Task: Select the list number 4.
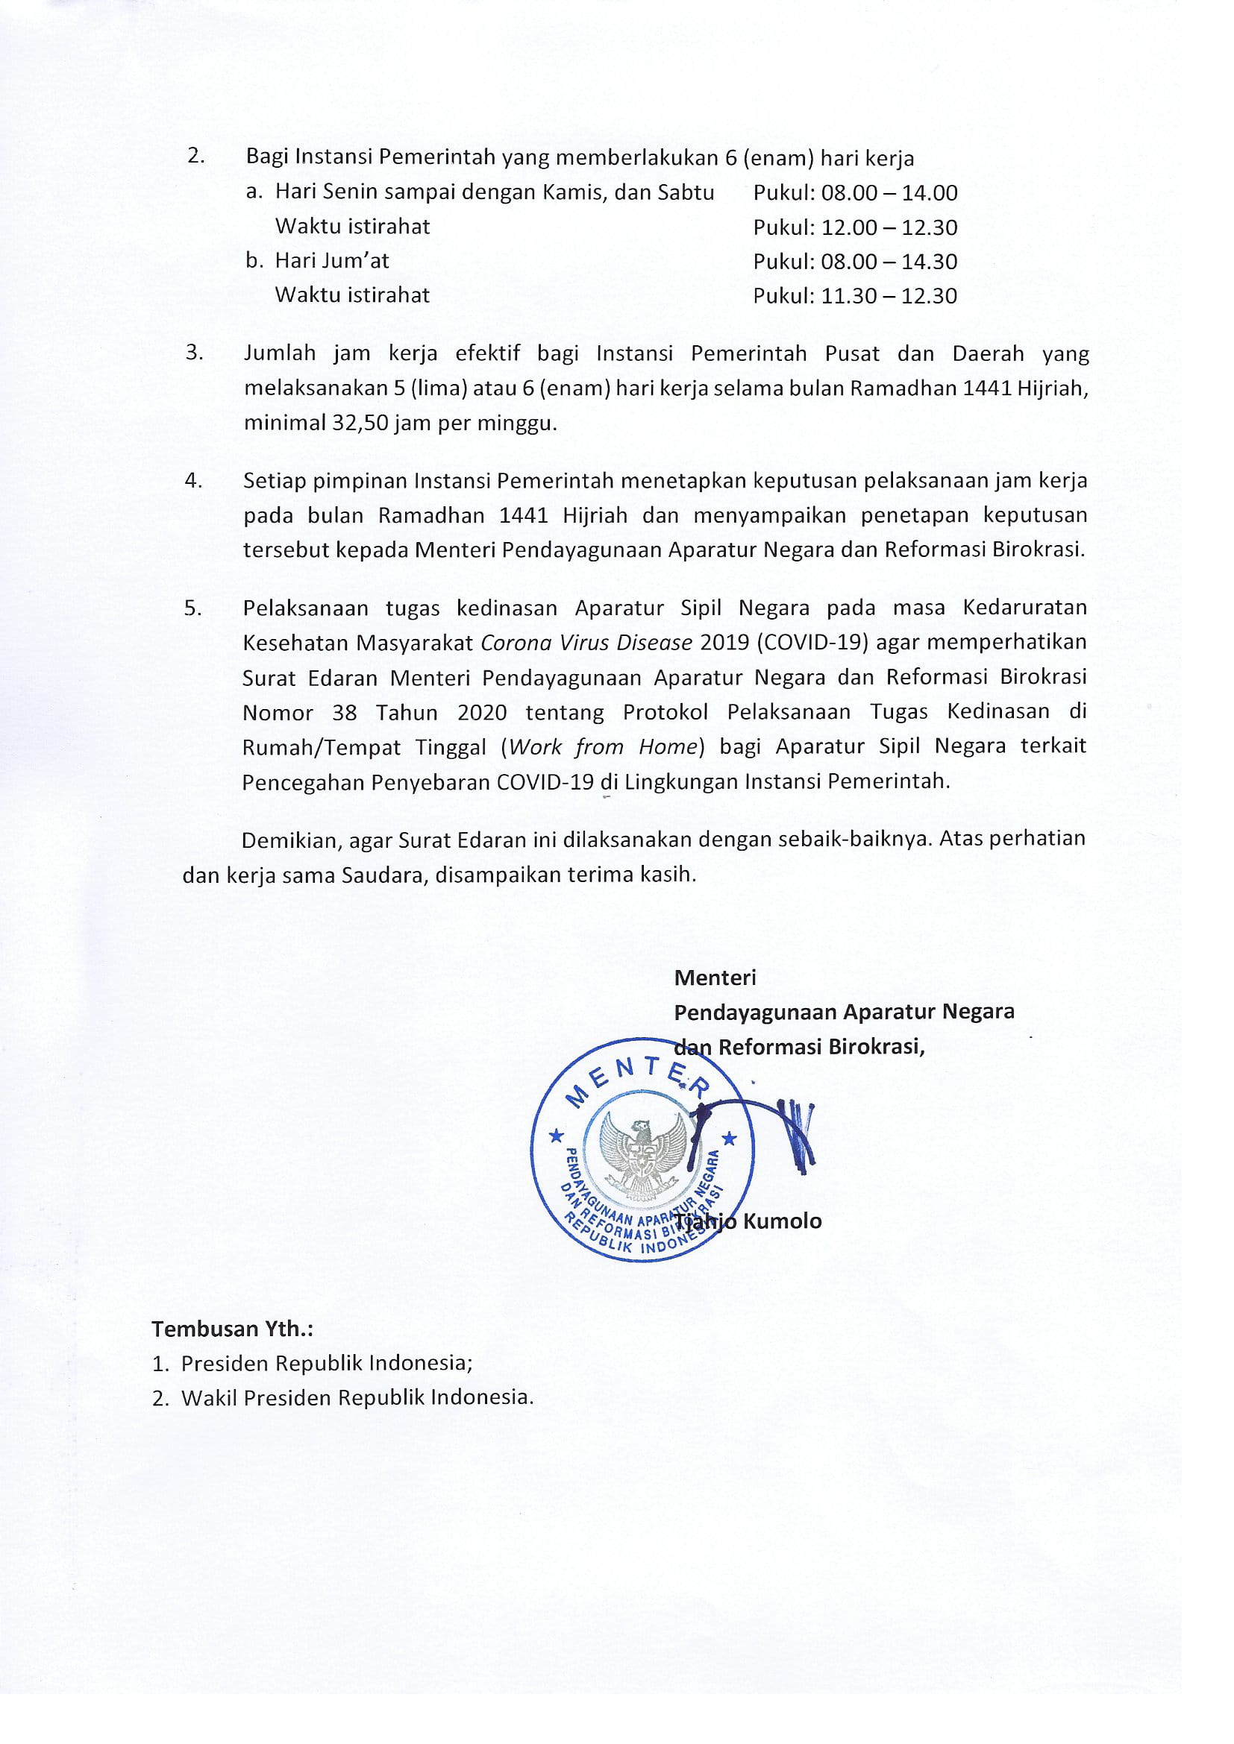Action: (x=193, y=481)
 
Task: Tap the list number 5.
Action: (x=193, y=608)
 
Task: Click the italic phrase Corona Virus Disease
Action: (x=586, y=643)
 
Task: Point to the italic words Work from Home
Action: (x=603, y=746)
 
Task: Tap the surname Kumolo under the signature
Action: (x=782, y=1221)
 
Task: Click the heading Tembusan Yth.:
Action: (x=232, y=1329)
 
